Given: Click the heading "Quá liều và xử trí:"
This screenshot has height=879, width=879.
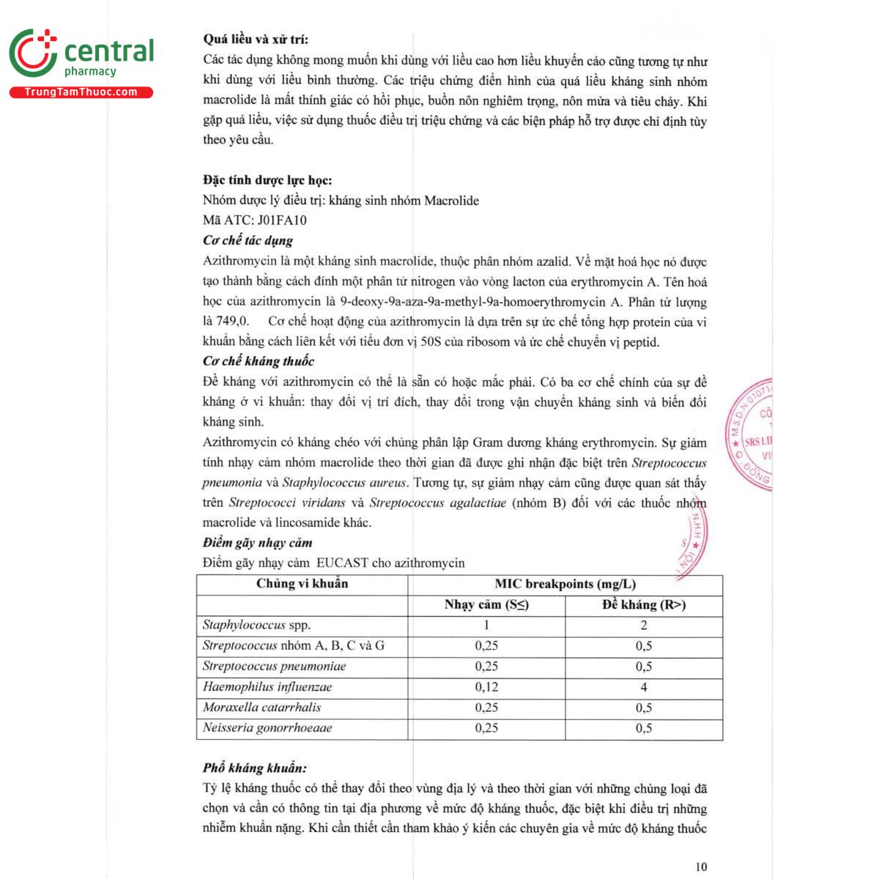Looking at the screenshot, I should tap(256, 40).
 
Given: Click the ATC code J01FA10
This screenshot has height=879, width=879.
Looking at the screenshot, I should tap(282, 220).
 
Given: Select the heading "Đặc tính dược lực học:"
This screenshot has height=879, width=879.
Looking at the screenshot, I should tap(267, 180).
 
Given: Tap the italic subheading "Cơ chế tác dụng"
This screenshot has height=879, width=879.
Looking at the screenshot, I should tap(248, 240).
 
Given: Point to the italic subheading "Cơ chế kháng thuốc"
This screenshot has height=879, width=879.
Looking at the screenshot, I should tap(258, 361).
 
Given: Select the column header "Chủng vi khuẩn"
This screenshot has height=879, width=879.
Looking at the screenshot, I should tap(302, 584).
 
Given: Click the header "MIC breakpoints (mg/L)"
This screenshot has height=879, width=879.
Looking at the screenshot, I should tap(565, 584).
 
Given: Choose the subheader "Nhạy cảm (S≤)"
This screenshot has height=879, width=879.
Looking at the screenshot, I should tap(486, 604).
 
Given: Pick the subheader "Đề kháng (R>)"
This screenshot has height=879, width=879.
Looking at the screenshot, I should tap(644, 604).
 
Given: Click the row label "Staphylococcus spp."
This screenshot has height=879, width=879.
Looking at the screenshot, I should tap(256, 625).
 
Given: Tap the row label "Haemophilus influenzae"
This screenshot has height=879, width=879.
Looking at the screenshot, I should tap(267, 687).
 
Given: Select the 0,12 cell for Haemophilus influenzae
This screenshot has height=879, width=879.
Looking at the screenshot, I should tap(486, 687).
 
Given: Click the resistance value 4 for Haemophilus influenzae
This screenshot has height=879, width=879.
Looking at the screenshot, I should tap(644, 687).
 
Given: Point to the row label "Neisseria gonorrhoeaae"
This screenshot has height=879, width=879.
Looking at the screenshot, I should tap(267, 728).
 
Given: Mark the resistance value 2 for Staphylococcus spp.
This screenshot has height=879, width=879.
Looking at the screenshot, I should tap(644, 625).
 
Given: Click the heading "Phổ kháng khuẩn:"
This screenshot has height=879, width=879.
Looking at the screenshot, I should tap(254, 768).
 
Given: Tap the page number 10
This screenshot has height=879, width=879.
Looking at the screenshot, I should tap(701, 867).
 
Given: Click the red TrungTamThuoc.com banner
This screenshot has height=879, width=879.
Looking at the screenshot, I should tap(81, 92).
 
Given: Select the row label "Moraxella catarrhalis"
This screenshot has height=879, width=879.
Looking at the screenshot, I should tap(262, 708).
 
